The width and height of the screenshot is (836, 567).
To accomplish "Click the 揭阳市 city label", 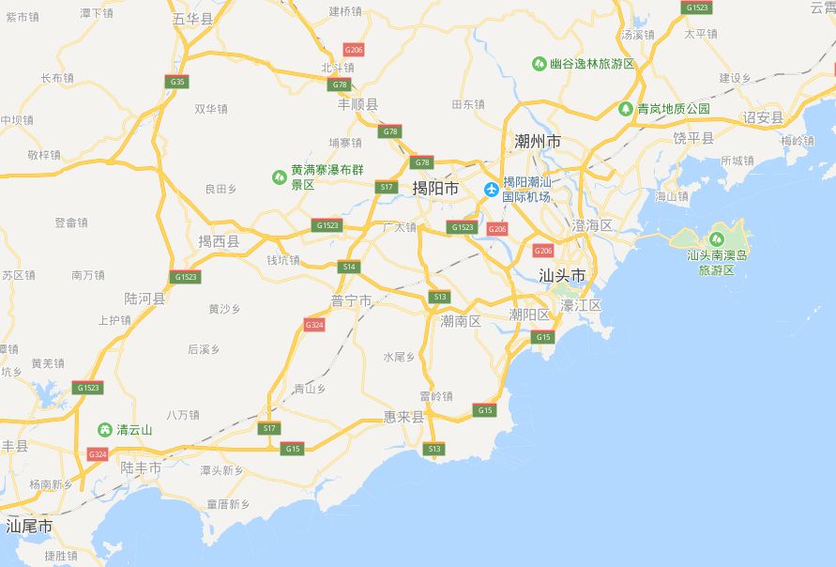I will coord(435,189).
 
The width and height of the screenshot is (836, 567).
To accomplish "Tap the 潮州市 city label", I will coord(538,141).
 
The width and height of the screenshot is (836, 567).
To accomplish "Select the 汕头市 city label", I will coord(562,275).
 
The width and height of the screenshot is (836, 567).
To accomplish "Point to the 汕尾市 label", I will coord(29,527).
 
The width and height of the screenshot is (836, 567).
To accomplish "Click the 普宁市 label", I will coord(352,300).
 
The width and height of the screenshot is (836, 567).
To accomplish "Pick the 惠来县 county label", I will coord(404,416).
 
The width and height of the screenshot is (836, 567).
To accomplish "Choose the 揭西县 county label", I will coord(218,241).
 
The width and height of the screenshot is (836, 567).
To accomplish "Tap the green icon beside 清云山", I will coord(105,429).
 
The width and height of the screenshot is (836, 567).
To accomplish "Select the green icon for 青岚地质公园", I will coord(626,109).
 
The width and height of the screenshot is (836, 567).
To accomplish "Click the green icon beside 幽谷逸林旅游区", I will coord(539,64).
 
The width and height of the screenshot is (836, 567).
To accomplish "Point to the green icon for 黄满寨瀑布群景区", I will coord(279,176).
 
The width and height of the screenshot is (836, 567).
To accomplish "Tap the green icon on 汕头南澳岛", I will coord(718,238).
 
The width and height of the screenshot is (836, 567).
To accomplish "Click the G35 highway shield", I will coord(176,82).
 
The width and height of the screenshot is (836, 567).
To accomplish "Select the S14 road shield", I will coord(350,267).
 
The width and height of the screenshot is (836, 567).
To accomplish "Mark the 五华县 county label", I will coord(193,19).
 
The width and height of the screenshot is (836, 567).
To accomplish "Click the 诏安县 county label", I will coord(763,117).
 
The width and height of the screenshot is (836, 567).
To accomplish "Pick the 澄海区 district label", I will coord(592,225).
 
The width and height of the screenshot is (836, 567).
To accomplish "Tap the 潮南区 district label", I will coord(461,321).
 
